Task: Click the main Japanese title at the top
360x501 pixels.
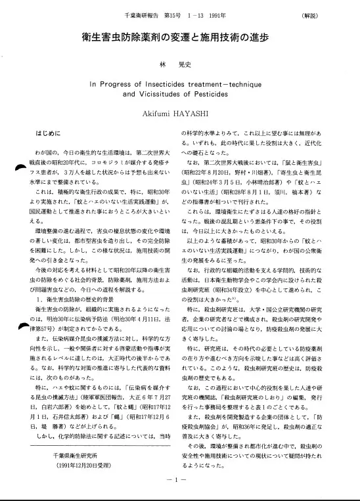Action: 179,37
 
